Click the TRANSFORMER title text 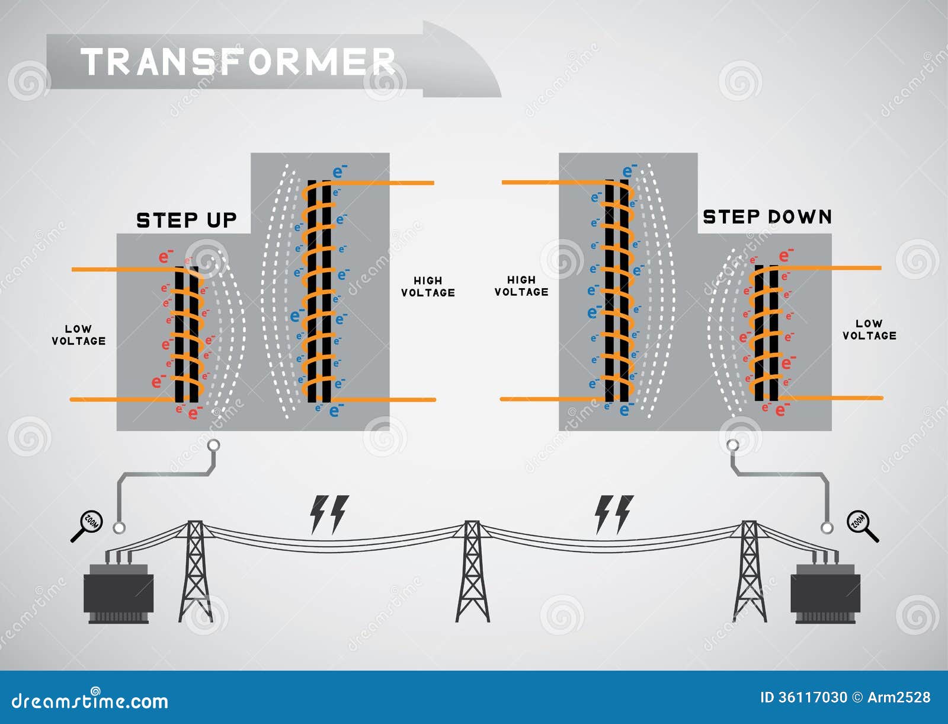click(x=238, y=62)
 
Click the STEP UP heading click(x=187, y=221)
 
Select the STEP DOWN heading click(x=767, y=217)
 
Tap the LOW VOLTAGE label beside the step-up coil click(x=79, y=335)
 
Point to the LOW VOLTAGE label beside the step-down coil click(x=869, y=330)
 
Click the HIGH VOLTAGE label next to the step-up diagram click(x=428, y=286)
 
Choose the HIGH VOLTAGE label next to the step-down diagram click(x=521, y=286)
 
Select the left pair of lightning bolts click(x=329, y=514)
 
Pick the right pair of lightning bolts click(x=614, y=514)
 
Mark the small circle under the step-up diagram click(x=214, y=445)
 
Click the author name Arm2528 click(x=899, y=697)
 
